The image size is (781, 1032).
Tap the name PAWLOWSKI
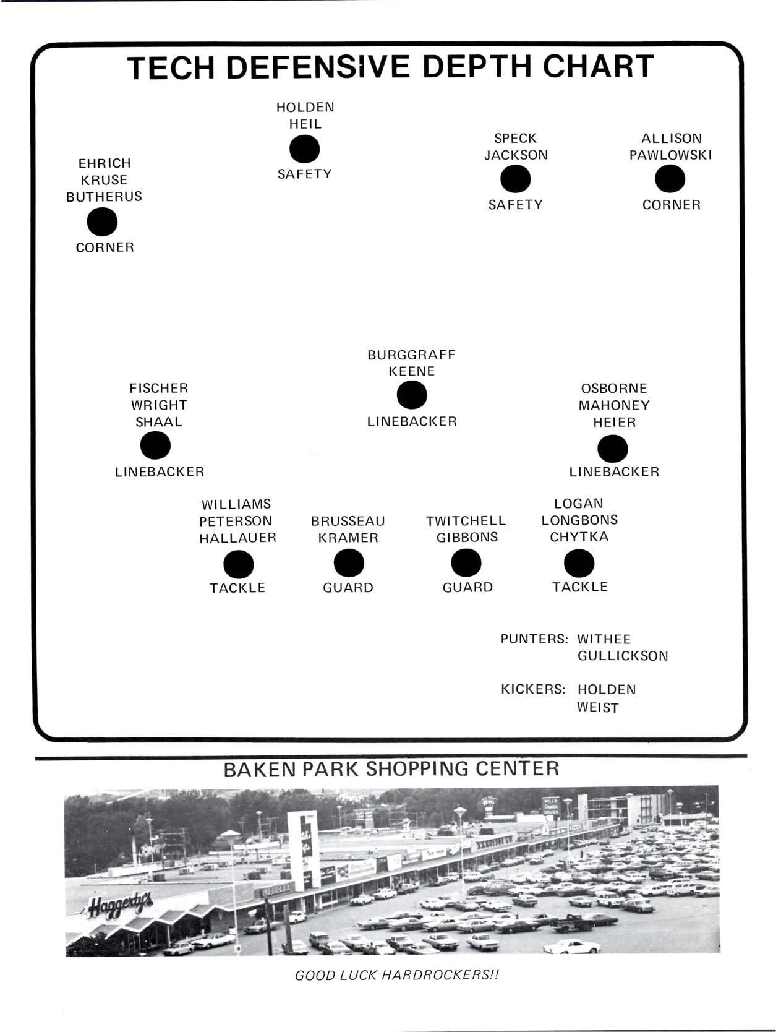670,155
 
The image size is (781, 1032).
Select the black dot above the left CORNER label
103,222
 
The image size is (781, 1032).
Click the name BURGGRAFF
411,355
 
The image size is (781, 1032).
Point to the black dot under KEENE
412,395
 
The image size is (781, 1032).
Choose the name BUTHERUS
104,197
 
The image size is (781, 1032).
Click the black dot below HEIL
304,149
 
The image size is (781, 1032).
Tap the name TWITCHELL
466,521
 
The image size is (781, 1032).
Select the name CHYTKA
579,537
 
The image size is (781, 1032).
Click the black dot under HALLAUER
238,564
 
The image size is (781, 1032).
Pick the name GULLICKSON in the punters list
623,656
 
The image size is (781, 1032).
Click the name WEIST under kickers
597,707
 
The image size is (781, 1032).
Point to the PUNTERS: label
534,639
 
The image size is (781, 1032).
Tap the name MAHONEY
614,406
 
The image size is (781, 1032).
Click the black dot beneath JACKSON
515,180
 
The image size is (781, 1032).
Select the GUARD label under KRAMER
348,588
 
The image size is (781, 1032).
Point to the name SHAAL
159,423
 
